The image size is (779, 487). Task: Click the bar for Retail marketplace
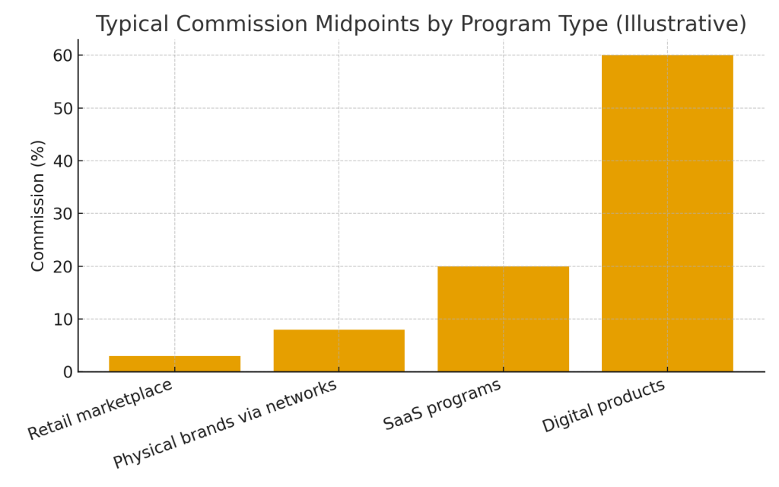[174, 364]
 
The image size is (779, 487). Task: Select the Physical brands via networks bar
[339, 351]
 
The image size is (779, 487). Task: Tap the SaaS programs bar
[503, 319]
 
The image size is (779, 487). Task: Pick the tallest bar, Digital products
[667, 213]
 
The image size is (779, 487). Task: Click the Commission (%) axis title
[38, 205]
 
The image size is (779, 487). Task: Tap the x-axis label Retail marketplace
[100, 409]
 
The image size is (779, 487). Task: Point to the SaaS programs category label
[442, 404]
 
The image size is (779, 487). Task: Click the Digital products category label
[603, 406]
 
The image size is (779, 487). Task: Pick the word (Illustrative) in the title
[682, 24]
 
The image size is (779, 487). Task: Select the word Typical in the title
[132, 24]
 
